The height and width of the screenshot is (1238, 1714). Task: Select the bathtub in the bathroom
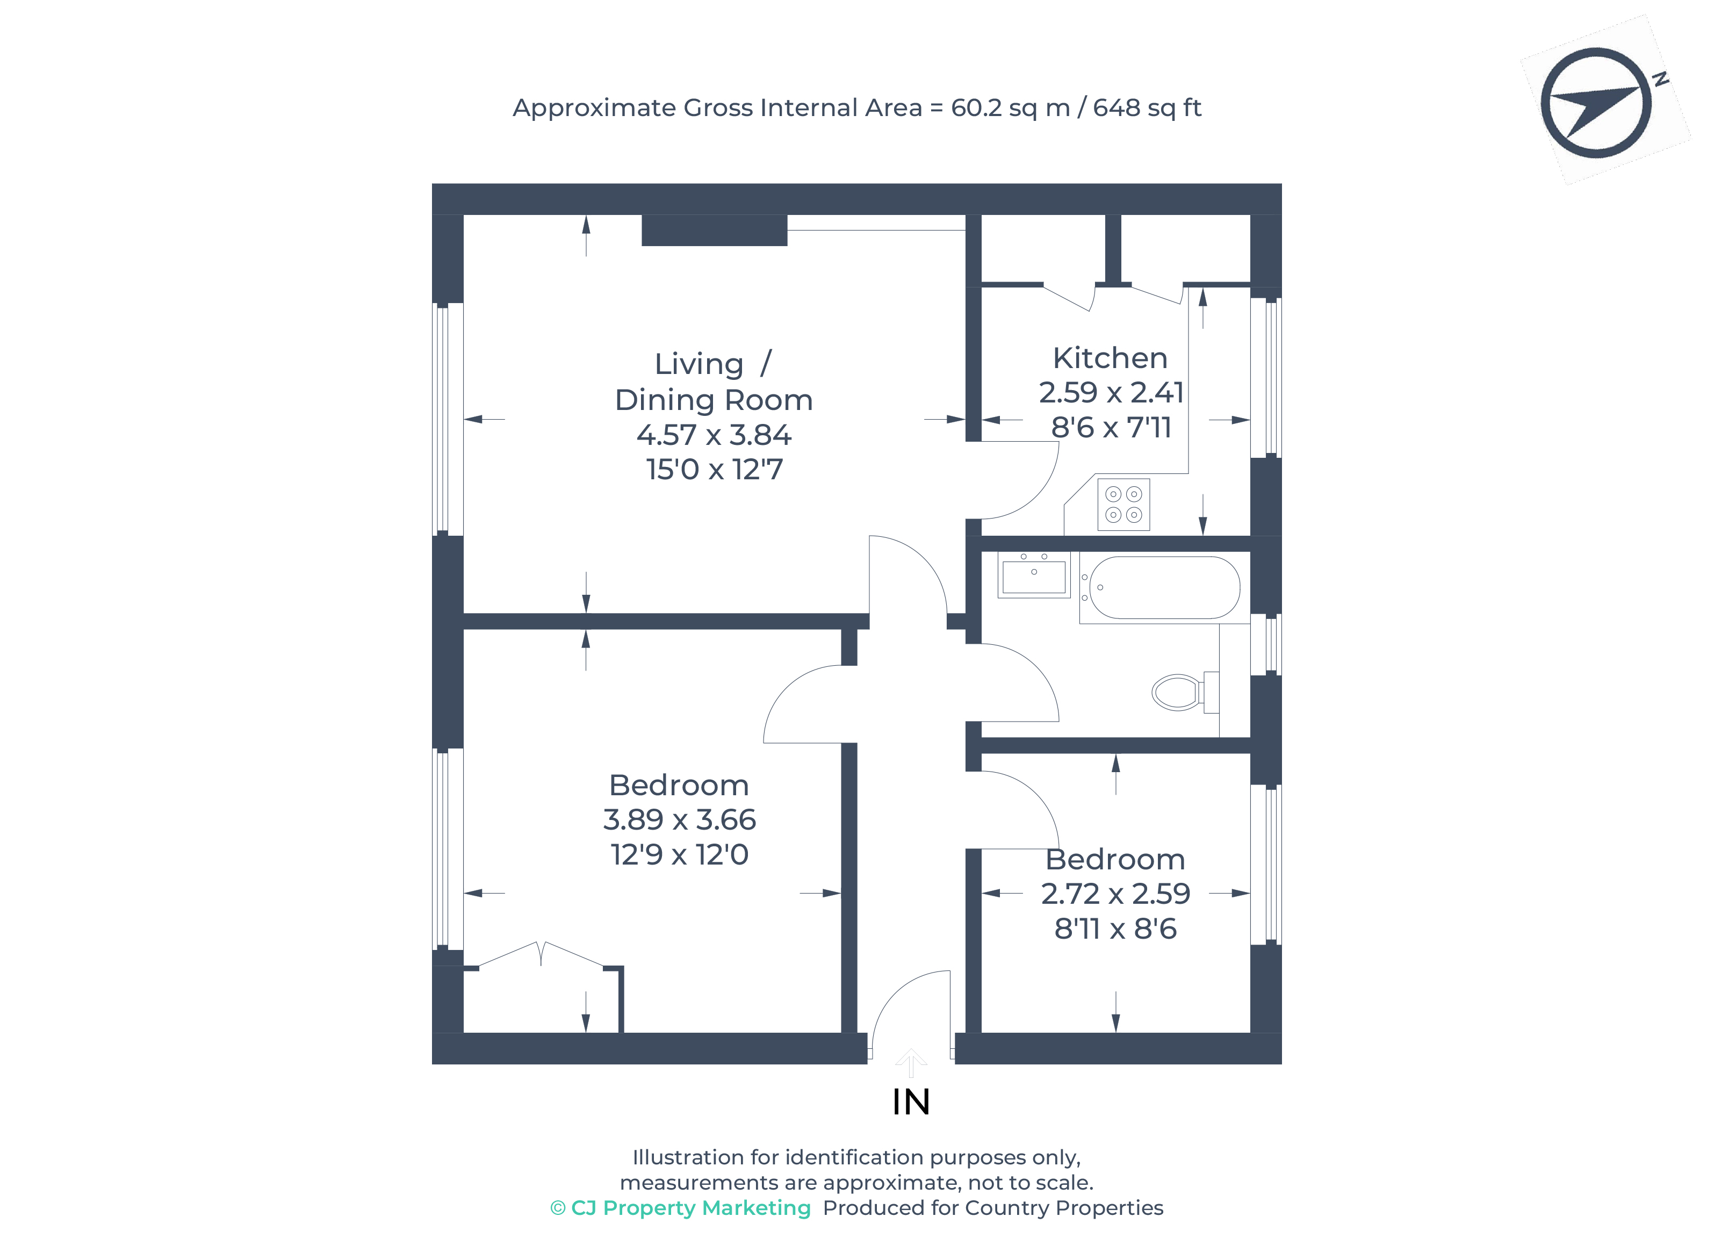[x=1164, y=588]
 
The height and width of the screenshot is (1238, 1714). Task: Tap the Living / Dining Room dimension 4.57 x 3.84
[x=714, y=435]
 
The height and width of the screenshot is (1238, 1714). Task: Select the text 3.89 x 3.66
[x=679, y=820]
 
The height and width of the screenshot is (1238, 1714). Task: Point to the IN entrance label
[x=911, y=1103]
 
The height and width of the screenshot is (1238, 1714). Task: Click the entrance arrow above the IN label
[x=911, y=1061]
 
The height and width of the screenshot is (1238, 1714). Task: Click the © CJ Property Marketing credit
[x=680, y=1208]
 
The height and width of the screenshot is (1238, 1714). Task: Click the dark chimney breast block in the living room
[x=714, y=230]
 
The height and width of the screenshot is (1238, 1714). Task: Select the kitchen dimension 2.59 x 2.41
[x=1110, y=393]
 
